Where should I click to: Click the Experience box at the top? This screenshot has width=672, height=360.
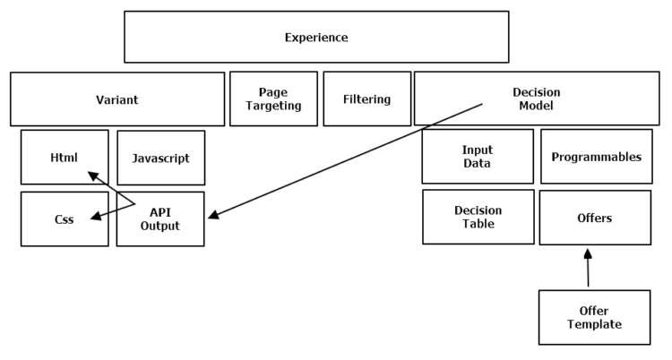tap(315, 37)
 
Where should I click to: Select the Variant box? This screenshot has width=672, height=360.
tap(116, 99)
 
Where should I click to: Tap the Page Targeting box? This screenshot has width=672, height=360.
tap(273, 99)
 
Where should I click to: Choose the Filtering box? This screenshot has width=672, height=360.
tap(366, 99)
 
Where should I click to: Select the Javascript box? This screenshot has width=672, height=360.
tap(160, 158)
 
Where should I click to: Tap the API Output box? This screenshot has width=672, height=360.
tap(160, 219)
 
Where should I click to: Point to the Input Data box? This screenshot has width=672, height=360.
tap(478, 156)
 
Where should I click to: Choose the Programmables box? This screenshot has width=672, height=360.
tap(596, 156)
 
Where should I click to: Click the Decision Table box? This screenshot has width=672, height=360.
tap(478, 217)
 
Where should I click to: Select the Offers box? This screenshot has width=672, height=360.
tap(595, 217)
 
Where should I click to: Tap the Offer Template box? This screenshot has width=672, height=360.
tap(594, 317)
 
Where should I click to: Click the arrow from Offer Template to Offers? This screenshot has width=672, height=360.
tap(588, 269)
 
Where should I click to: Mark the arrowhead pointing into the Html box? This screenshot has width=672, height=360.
tap(91, 175)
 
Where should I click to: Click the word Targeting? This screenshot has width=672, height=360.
tap(273, 106)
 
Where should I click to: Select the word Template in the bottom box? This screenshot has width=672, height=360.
tap(594, 324)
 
